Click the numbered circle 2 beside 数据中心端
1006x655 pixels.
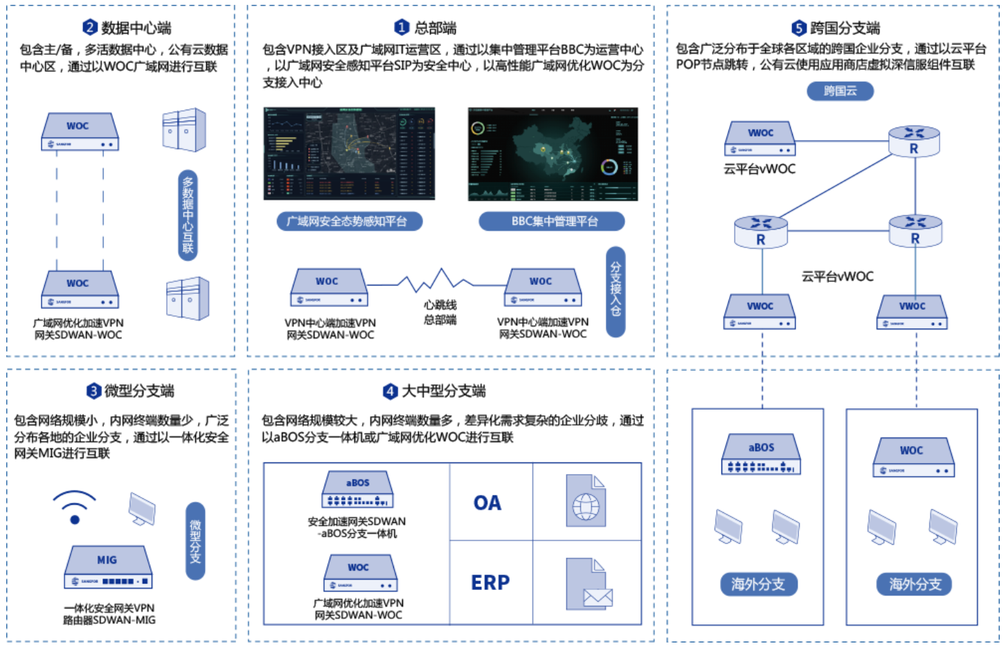pyautogui.click(x=90, y=28)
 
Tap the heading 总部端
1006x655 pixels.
pyautogui.click(x=435, y=28)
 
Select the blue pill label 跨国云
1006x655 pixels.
pyautogui.click(x=840, y=91)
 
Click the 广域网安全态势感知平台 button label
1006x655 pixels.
pyautogui.click(x=347, y=221)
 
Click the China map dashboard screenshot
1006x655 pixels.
pyautogui.click(x=553, y=154)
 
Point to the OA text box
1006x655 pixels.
pyautogui.click(x=487, y=503)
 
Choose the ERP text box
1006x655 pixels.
pyautogui.click(x=490, y=583)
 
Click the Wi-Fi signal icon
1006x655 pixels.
pyautogui.click(x=74, y=507)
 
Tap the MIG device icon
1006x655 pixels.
pyautogui.click(x=108, y=568)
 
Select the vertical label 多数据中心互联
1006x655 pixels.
pyautogui.click(x=188, y=215)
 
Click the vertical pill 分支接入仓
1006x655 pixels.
pyautogui.click(x=616, y=291)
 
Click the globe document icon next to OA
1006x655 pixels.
pyautogui.click(x=586, y=500)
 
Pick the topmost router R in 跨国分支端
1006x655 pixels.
pyautogui.click(x=914, y=141)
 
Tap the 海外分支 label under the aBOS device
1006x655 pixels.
pyautogui.click(x=758, y=584)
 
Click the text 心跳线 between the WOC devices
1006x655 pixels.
pyautogui.click(x=440, y=305)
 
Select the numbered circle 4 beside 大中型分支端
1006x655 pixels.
pyautogui.click(x=390, y=391)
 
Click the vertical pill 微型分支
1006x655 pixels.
pyautogui.click(x=196, y=541)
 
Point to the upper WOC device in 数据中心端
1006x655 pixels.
pyautogui.click(x=80, y=132)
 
